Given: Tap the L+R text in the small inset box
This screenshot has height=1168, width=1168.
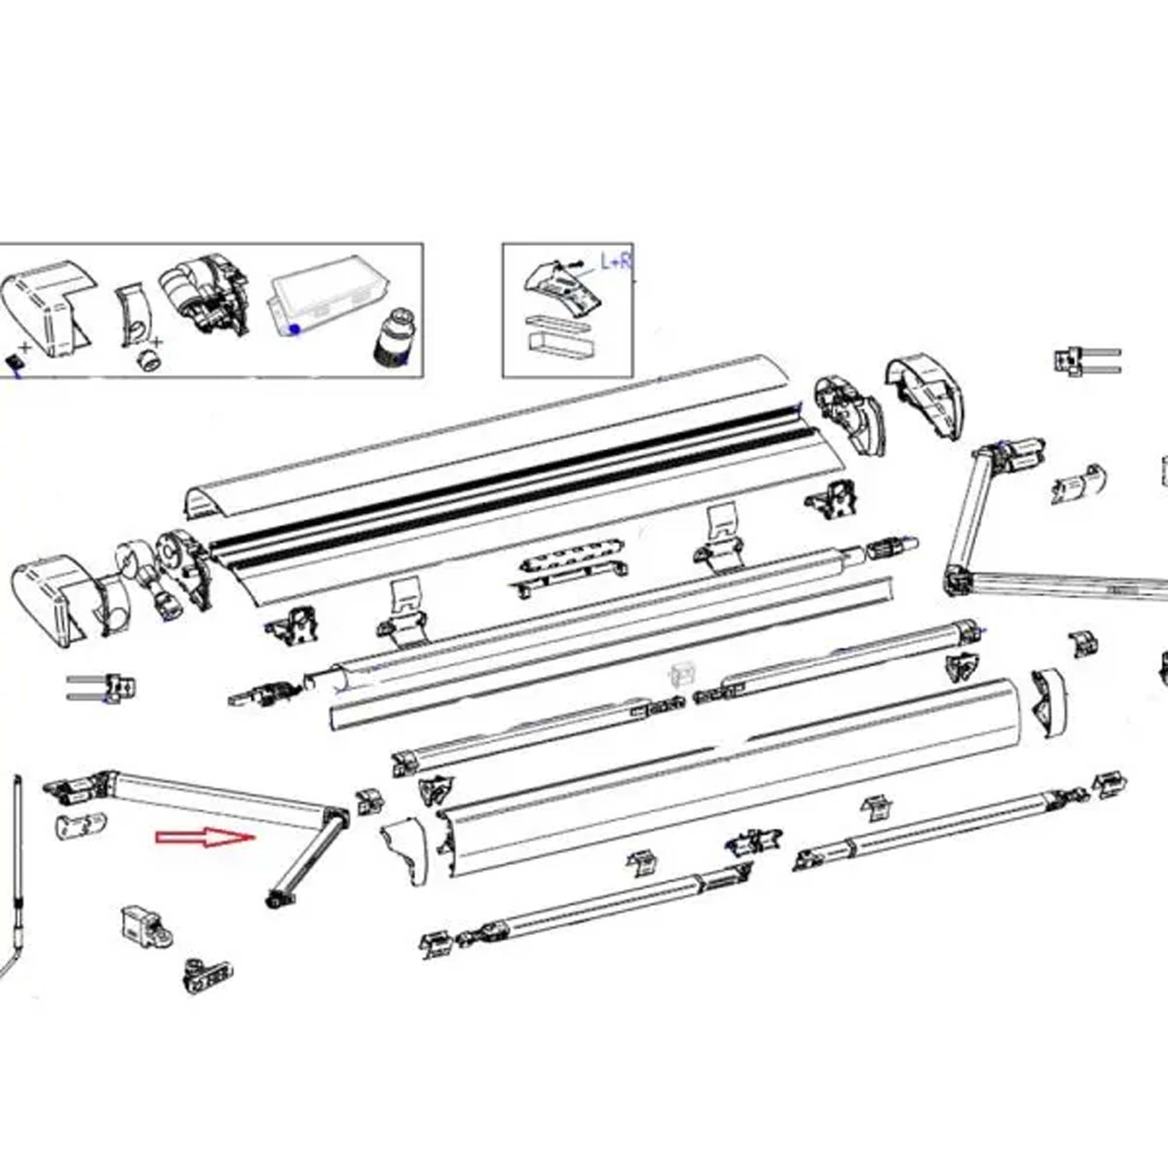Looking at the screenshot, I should click(x=615, y=262).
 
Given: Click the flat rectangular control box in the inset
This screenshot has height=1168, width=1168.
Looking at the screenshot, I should click(x=326, y=294).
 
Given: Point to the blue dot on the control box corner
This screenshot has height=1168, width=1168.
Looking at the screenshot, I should click(x=295, y=329).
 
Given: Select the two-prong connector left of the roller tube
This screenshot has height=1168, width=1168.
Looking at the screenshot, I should click(x=103, y=686).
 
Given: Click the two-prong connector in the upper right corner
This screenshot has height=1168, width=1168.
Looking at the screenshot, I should click(x=1085, y=361).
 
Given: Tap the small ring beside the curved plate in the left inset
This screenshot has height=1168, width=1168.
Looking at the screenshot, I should click(x=148, y=361).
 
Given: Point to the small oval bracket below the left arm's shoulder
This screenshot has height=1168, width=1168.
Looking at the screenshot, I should click(x=82, y=825).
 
